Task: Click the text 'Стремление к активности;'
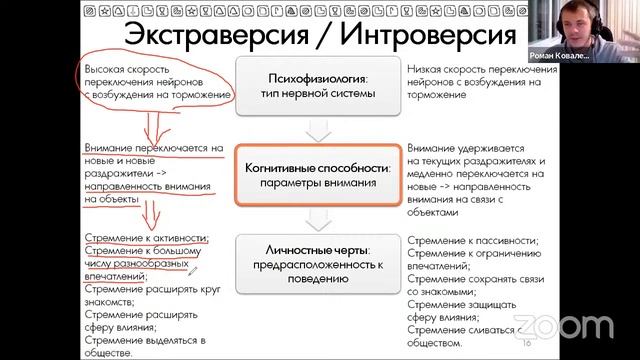point(146,238)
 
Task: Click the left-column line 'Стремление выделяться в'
point(145,341)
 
